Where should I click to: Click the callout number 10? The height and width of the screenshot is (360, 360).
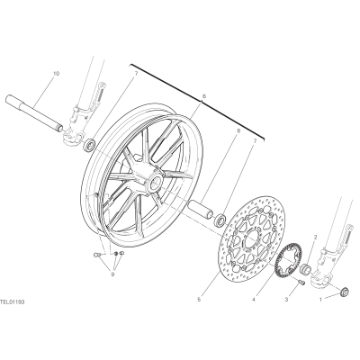[57, 74]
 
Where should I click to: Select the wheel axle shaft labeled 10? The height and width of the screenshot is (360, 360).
[35, 113]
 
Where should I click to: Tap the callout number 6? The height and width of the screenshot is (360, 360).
[204, 96]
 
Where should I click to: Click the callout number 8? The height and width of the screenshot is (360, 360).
[238, 130]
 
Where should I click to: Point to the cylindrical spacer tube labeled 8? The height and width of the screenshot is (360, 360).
[202, 210]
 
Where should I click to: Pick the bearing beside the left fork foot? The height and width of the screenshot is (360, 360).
[89, 145]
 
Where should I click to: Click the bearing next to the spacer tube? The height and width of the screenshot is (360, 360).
[220, 219]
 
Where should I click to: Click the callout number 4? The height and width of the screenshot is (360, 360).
[254, 299]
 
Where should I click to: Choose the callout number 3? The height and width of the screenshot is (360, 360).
[286, 299]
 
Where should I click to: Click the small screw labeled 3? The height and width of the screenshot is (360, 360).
[301, 283]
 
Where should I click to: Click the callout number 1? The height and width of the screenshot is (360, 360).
[320, 299]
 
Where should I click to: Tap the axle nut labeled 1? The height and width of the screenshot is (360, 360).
[345, 292]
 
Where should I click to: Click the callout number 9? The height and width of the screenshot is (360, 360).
[112, 274]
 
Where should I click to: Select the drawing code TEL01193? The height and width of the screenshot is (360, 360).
[13, 301]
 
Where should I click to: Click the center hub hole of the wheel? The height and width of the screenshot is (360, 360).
[156, 182]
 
